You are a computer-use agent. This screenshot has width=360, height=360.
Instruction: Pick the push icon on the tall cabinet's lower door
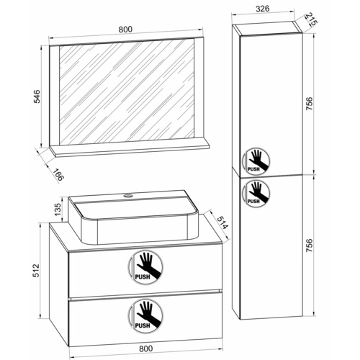tap(256, 193)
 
